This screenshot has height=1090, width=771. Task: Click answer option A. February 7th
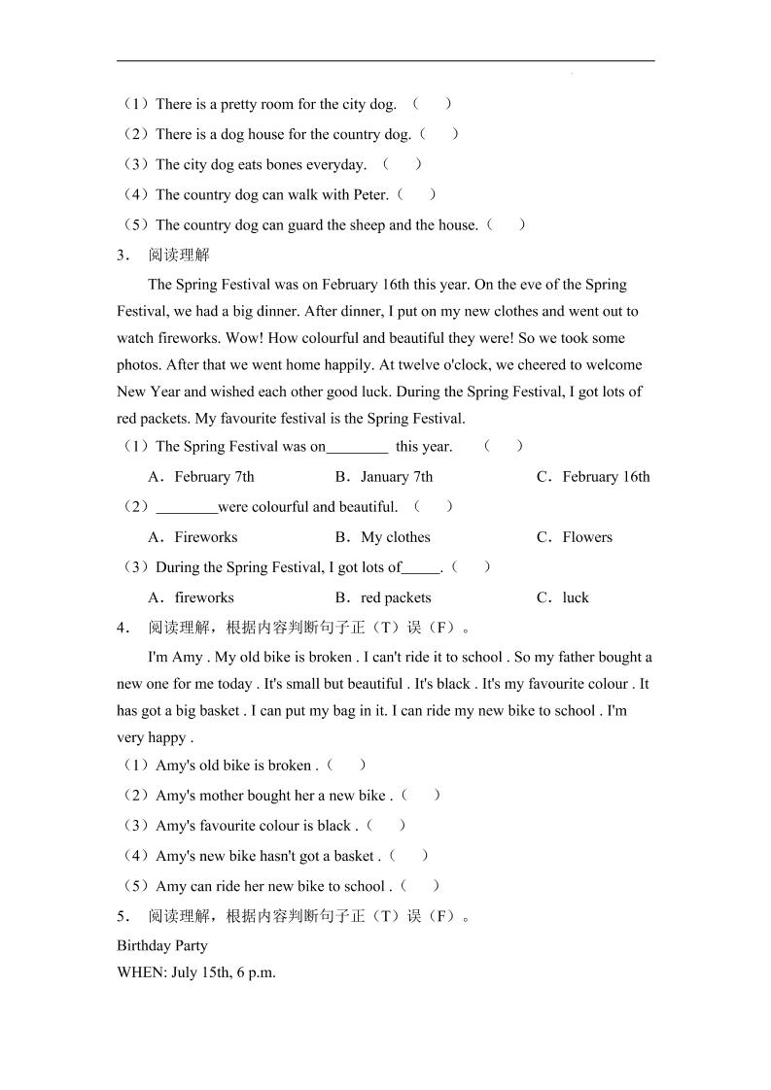point(200,477)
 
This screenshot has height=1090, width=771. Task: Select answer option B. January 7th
point(384,477)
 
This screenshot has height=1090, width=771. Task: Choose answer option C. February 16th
point(593,477)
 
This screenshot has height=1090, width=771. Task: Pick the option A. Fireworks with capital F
point(193,537)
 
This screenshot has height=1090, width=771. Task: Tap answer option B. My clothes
point(382,537)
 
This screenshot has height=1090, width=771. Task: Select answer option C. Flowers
point(575,537)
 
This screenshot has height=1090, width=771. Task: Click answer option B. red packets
point(383,598)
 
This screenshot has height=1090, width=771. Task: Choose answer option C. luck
point(563,598)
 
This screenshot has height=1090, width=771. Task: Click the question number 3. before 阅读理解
point(123,256)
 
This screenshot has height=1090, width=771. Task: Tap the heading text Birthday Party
point(162,945)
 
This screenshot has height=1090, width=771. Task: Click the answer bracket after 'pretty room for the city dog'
point(432,104)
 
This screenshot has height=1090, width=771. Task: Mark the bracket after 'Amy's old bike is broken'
point(347,766)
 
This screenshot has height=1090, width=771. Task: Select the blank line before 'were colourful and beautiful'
point(187,508)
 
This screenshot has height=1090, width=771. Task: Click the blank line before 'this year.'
point(357,448)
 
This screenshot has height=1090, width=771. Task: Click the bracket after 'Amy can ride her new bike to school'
point(420,886)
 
